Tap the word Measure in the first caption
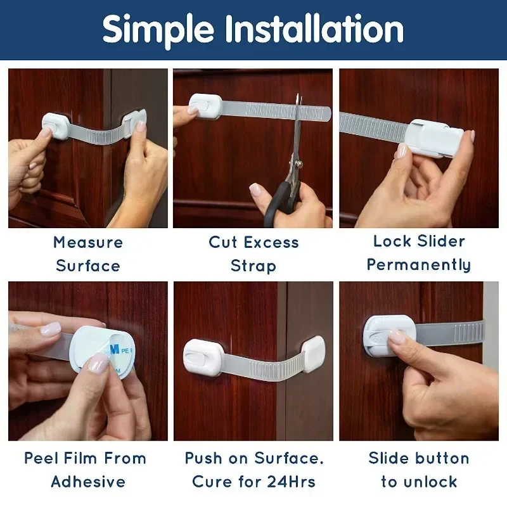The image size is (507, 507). tap(88, 242)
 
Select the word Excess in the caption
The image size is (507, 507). tap(271, 242)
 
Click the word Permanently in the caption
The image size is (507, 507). tap(419, 265)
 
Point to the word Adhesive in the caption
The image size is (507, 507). tap(88, 482)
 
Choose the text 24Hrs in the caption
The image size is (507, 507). tap(293, 482)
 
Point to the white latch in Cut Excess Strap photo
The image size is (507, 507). tap(205, 107)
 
